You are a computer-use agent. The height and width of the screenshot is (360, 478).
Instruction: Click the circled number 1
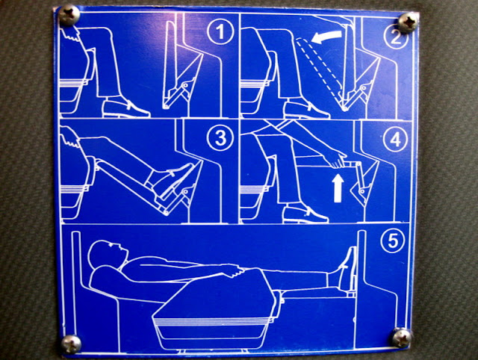click(x=220, y=31)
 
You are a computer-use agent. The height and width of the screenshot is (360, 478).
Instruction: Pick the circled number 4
click(x=396, y=139)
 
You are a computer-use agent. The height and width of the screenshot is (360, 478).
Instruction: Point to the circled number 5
click(x=393, y=240)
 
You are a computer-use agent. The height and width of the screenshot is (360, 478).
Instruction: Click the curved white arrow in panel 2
click(x=327, y=37)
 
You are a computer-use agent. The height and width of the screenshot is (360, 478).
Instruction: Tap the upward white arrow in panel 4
click(x=338, y=188)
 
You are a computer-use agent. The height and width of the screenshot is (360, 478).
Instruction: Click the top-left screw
click(x=69, y=15)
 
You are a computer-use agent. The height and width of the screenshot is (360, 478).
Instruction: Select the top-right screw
click(x=409, y=22)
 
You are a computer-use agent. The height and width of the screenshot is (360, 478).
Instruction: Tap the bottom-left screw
click(x=72, y=344)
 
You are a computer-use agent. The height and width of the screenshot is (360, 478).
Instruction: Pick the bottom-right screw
click(x=402, y=337)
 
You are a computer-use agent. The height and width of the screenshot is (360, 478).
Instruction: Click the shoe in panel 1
click(x=125, y=109)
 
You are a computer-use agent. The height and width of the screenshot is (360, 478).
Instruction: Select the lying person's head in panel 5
click(x=108, y=253)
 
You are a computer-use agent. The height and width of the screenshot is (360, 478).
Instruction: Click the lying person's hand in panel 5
click(x=233, y=270)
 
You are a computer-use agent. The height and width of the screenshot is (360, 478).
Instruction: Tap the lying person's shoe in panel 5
click(x=347, y=268)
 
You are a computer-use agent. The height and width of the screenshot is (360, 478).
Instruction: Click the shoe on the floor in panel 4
click(x=305, y=214)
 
